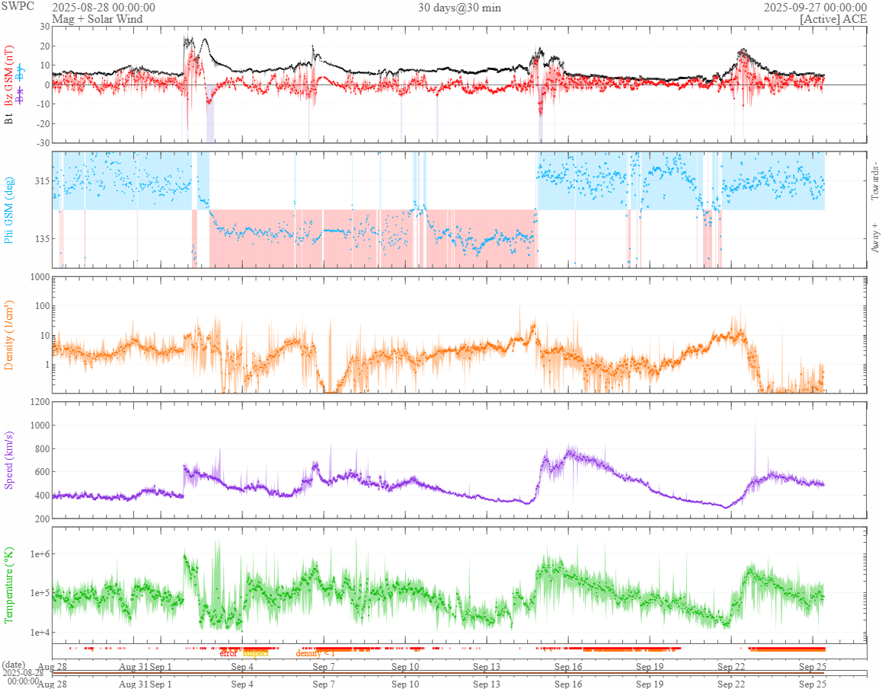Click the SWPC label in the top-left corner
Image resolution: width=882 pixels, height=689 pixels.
[18, 6]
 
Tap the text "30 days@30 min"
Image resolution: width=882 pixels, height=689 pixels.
[459, 8]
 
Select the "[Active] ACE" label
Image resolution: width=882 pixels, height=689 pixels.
[833, 19]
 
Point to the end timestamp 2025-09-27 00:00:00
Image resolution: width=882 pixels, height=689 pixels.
[815, 8]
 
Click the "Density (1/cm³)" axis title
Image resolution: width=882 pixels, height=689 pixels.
[10, 335]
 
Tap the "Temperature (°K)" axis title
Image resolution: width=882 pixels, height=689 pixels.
[10, 585]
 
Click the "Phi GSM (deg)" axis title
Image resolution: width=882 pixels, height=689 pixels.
[10, 209]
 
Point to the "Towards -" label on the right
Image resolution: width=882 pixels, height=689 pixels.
[874, 181]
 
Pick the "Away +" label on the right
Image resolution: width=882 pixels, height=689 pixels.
[874, 238]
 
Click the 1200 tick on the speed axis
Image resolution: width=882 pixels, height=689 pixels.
[40, 401]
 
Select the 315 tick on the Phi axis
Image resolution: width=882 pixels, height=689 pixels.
[42, 181]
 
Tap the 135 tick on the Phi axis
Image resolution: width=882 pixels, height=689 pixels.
[42, 238]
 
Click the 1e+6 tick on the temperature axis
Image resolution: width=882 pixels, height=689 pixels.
[38, 553]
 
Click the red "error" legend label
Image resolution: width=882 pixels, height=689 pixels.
[228, 653]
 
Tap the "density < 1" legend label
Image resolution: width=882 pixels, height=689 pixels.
[315, 653]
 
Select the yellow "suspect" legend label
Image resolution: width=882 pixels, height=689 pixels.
[256, 653]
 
